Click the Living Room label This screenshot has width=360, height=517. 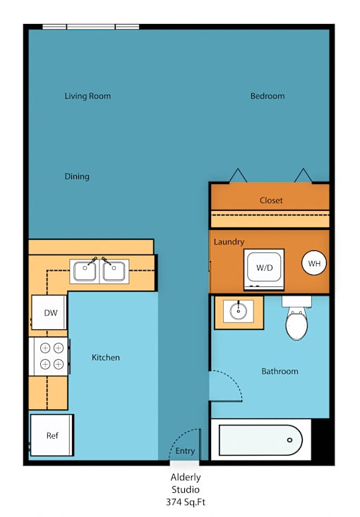coord(88,97)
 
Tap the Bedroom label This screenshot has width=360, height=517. coord(268,96)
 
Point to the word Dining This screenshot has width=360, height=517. coord(77,177)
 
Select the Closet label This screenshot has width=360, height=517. coord(271,200)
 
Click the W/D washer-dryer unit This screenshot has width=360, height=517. coord(264,269)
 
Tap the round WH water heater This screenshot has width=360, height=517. coord(314,263)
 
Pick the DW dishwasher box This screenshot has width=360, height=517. coord(49,312)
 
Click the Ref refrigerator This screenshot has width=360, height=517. coord(52,435)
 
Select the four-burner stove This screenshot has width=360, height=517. coord(49,356)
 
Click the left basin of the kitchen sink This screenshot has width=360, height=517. coord(85,271)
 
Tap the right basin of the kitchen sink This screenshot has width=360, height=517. coord(114,271)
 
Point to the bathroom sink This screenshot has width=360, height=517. coord(239,311)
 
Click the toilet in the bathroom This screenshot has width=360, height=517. coord(296,318)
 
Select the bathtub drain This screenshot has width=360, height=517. coord(289,440)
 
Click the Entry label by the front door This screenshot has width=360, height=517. coord(185,451)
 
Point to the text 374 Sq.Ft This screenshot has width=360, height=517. coord(186,502)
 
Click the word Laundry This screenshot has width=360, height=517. coord(229,242)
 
